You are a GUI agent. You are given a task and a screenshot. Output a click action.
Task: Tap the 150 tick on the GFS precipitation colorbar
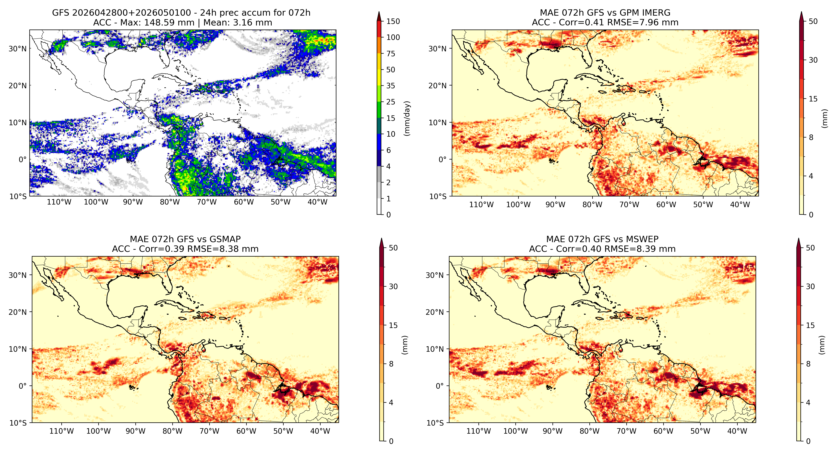pos(393,21)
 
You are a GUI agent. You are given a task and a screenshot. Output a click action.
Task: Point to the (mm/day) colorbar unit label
pos(407,118)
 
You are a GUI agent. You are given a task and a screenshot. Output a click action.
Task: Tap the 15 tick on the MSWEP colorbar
pos(810,325)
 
